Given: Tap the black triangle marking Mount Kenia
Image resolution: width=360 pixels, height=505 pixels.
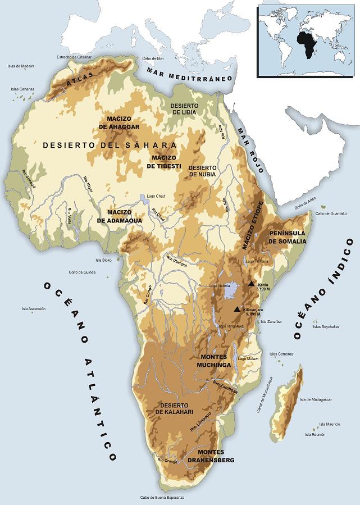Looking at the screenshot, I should (251, 284).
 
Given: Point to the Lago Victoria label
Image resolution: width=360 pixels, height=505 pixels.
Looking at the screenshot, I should (220, 286).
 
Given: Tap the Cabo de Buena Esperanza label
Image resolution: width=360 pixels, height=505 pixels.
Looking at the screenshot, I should (162, 498).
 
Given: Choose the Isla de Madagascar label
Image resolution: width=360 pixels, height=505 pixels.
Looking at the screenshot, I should (316, 399).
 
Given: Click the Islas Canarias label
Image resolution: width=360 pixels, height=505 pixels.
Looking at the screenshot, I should (22, 89).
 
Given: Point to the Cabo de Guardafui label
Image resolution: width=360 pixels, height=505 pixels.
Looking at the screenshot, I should (329, 213).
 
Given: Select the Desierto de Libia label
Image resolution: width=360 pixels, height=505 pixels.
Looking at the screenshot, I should (184, 108).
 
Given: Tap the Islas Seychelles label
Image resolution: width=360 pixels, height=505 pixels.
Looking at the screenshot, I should (326, 326).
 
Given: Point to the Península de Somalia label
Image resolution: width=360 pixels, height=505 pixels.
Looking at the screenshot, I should (287, 236).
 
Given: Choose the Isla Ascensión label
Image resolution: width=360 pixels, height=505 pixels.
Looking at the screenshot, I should (33, 308).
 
